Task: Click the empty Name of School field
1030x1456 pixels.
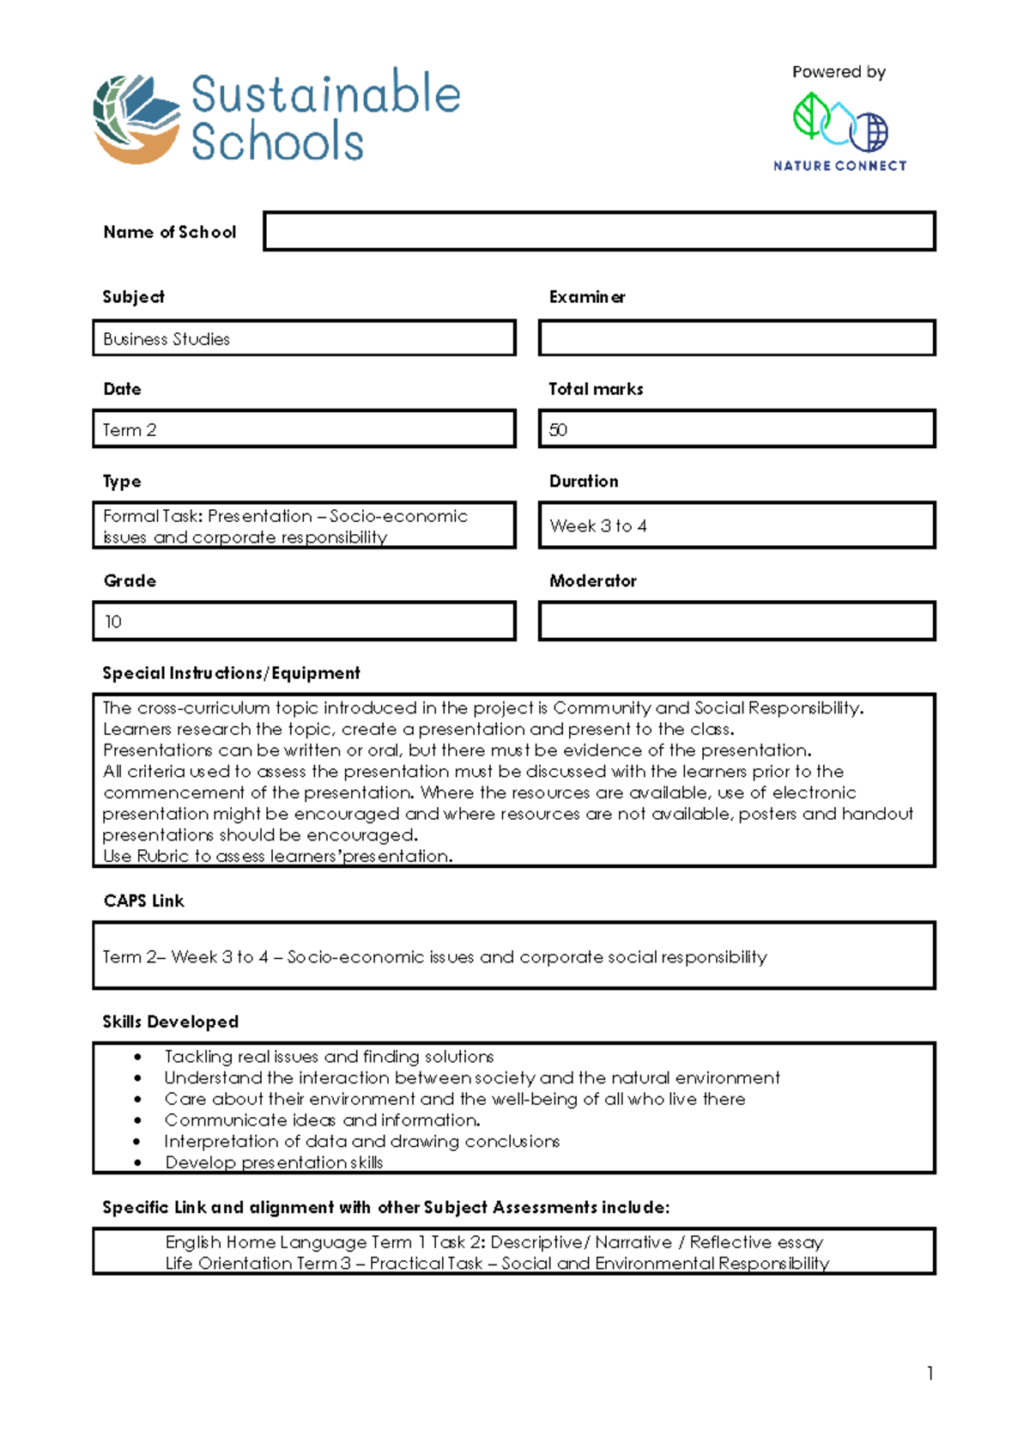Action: pyautogui.click(x=599, y=232)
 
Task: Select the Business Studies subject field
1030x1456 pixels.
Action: pyautogui.click(x=304, y=338)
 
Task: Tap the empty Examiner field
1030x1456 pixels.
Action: pyautogui.click(x=736, y=338)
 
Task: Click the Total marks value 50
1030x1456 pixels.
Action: pyautogui.click(x=559, y=430)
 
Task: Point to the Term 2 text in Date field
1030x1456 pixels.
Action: pyautogui.click(x=130, y=430)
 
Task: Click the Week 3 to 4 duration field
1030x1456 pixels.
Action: pyautogui.click(x=736, y=525)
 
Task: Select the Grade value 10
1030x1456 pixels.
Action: pyautogui.click(x=113, y=622)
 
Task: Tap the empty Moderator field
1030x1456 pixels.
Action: pyautogui.click(x=736, y=622)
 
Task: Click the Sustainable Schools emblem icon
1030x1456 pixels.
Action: pyautogui.click(x=136, y=118)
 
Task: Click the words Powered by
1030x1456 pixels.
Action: pyautogui.click(x=839, y=72)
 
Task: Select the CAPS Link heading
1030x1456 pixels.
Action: pyautogui.click(x=143, y=901)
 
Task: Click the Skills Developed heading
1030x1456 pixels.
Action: pyautogui.click(x=170, y=1022)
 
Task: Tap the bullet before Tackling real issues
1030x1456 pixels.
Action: pyautogui.click(x=137, y=1057)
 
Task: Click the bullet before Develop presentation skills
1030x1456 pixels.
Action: pyautogui.click(x=137, y=1162)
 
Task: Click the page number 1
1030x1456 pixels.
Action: pyautogui.click(x=930, y=1374)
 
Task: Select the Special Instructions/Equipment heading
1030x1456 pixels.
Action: pyautogui.click(x=231, y=673)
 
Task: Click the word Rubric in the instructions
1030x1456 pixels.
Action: pyautogui.click(x=162, y=856)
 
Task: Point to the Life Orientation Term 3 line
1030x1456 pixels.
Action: pyautogui.click(x=497, y=1263)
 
